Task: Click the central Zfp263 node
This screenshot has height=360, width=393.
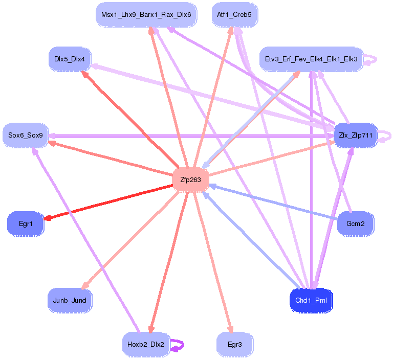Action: pos(190,179)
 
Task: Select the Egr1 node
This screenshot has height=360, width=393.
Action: pos(26,223)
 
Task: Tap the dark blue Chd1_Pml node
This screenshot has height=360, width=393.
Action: pos(311,300)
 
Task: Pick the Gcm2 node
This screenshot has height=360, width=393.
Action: pos(356,223)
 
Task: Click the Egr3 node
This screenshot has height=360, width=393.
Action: pos(235,345)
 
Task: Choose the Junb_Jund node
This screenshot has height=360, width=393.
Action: pos(70,300)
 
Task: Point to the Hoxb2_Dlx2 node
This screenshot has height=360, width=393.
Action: pos(146,345)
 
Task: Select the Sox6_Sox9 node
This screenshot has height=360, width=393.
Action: pos(26,136)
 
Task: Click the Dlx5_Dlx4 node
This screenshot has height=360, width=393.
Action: pos(70,59)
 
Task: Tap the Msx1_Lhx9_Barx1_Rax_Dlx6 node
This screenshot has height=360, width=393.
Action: pos(146,14)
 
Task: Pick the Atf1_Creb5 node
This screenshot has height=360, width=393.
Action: pos(234,14)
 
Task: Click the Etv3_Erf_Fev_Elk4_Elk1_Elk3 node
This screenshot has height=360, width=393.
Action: pos(311,59)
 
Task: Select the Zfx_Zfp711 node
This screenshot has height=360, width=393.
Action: pos(356,136)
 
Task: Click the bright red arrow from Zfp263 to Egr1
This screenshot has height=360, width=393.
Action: pos(108,202)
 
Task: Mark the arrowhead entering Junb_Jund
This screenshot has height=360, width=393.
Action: pos(85,285)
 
